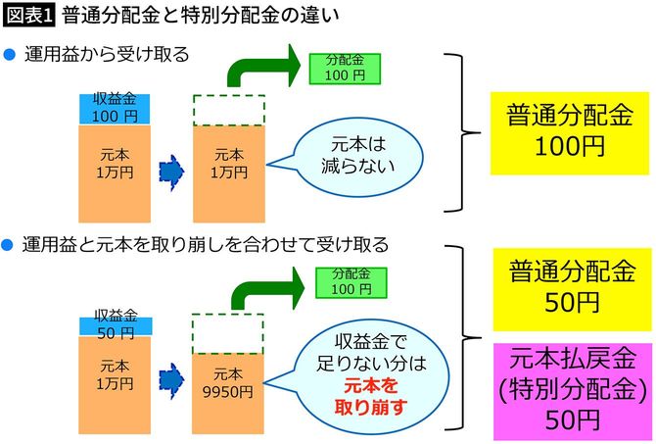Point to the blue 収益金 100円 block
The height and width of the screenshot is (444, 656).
click(x=117, y=109)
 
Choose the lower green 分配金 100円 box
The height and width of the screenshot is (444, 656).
click(x=344, y=282)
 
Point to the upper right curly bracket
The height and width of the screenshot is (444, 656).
click(x=459, y=132)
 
